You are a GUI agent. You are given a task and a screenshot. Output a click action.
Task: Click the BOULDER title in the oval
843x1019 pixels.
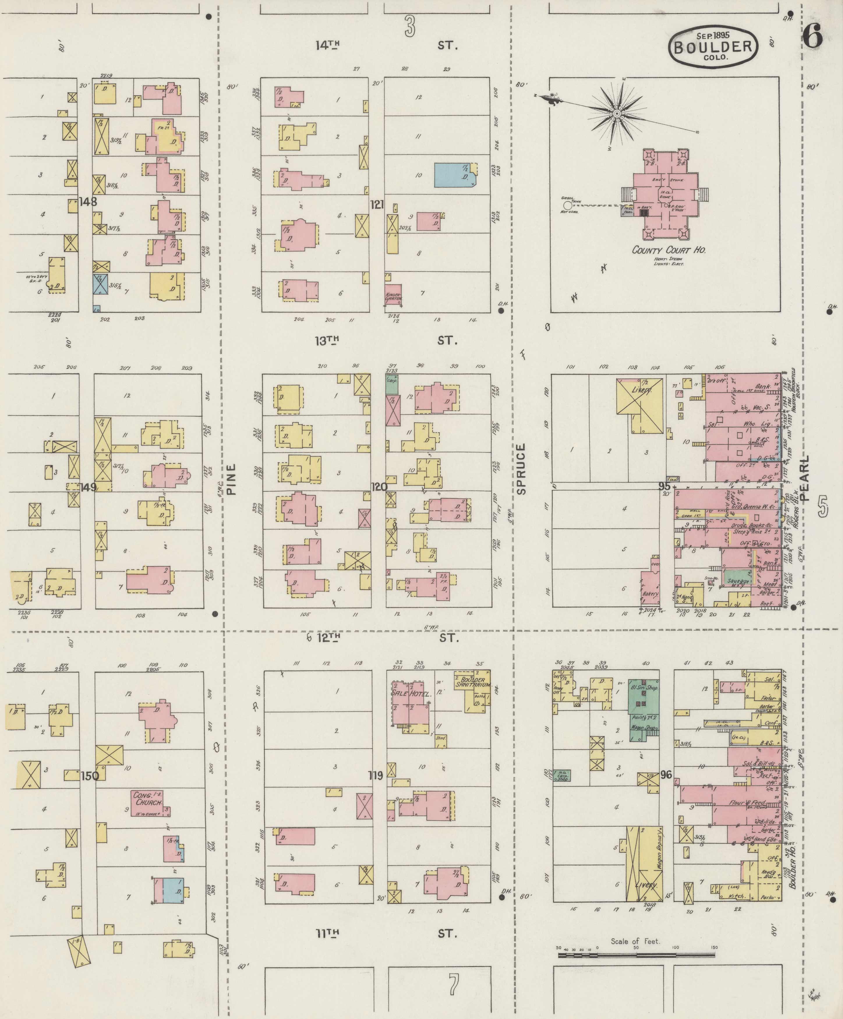pos(713,47)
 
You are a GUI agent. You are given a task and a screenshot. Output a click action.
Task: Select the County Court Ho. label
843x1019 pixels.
pos(668,250)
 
